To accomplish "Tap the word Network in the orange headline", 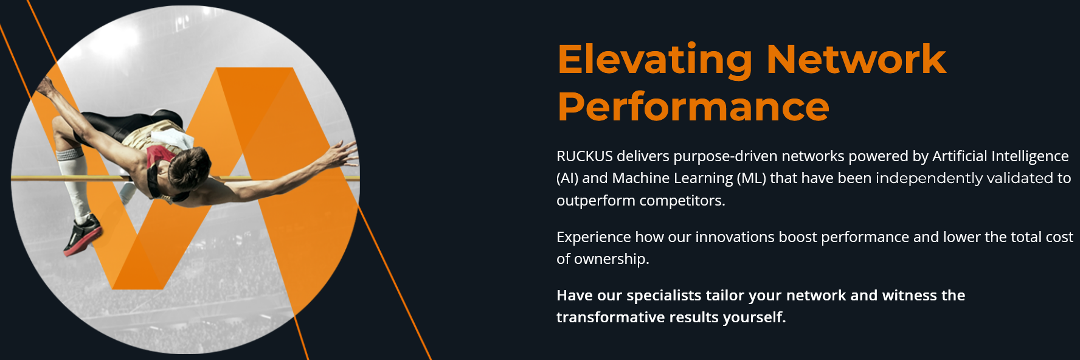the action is [856, 59].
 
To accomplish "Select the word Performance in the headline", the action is [693, 106].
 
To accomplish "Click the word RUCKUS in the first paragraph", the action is [584, 156].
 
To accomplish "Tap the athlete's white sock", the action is [73, 182].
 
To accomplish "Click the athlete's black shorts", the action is [122, 122].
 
